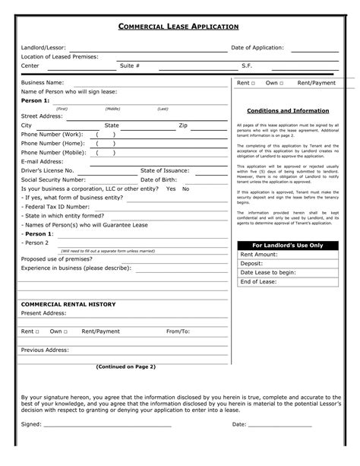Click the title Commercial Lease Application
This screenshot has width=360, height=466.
[x=179, y=27]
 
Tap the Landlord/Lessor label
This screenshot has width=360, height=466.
[x=43, y=48]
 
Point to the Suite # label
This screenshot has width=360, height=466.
[x=130, y=65]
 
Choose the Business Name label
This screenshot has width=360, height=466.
[x=43, y=82]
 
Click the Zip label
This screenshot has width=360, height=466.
[x=183, y=125]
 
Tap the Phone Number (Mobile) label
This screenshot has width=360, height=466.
[x=53, y=152]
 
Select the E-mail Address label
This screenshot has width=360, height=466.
[x=42, y=161]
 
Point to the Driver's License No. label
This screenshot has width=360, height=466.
[x=47, y=170]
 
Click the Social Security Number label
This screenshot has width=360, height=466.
[x=53, y=179]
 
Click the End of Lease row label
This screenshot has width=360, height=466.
[x=257, y=281]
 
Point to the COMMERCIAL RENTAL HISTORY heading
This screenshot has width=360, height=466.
[x=68, y=303]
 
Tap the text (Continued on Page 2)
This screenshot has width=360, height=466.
[x=125, y=366]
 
